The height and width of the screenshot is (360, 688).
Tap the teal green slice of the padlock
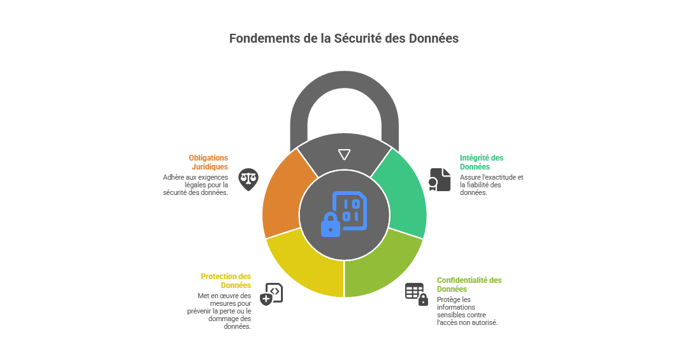pyautogui.click(x=401, y=194)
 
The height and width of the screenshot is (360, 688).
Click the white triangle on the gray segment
pyautogui.click(x=344, y=154)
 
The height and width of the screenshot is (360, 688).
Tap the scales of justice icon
pyautogui.click(x=248, y=179)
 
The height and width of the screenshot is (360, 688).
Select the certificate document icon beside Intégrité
pyautogui.click(x=440, y=180)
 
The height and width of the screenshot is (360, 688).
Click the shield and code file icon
pyautogui.click(x=271, y=294)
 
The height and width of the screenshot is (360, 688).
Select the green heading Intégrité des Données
pyautogui.click(x=481, y=162)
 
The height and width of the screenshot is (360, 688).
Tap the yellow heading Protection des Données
pyautogui.click(x=226, y=280)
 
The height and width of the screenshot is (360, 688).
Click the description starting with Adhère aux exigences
pyautogui.click(x=196, y=185)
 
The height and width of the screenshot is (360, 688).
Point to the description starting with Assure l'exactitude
pyautogui.click(x=491, y=185)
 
